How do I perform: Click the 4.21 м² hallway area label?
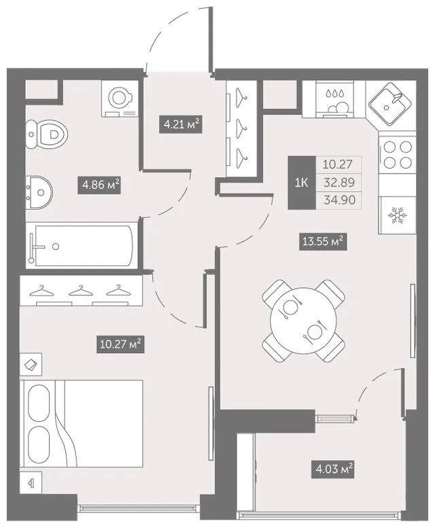coord(180,125)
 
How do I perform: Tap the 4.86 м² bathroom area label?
coord(99,185)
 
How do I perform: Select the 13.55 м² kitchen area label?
coord(323,242)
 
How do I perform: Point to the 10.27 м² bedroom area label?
coord(120,344)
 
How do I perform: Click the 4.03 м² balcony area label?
coord(333,469)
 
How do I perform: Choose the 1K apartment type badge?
coord(302,182)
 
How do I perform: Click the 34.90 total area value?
coord(339,200)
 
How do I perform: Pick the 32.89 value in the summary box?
coord(339,182)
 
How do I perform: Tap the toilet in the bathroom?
coord(46,134)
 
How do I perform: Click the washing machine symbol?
coord(120,99)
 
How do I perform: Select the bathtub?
coord(82,246)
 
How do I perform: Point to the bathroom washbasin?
coord(39,193)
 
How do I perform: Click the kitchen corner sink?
coord(391,104)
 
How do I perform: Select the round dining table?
coord(303,320)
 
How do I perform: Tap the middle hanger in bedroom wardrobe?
coord(81,291)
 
